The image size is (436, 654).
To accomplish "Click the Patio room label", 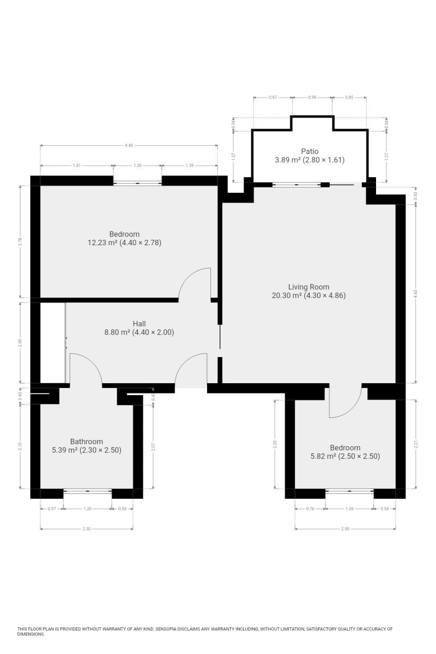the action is pyautogui.click(x=310, y=152).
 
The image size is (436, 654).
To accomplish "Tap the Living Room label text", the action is pyautogui.click(x=308, y=287).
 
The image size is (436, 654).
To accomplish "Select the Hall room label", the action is pyautogui.click(x=139, y=324).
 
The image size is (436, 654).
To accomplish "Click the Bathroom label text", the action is pyautogui.click(x=87, y=441).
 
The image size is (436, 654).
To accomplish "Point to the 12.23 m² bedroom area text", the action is pyautogui.click(x=124, y=243).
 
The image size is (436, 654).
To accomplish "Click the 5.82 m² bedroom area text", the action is pyautogui.click(x=345, y=456).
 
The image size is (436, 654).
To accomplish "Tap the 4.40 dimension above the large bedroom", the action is pyautogui.click(x=129, y=145).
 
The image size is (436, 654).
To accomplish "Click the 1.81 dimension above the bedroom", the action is pyautogui.click(x=76, y=166).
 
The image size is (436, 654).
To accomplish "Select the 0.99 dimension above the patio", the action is pyautogui.click(x=312, y=98).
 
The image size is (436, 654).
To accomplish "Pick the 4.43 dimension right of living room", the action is pyautogui.click(x=415, y=294).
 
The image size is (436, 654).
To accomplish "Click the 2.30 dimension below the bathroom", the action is pyautogui.click(x=87, y=529).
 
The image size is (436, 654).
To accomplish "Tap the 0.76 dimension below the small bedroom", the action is pyautogui.click(x=310, y=508).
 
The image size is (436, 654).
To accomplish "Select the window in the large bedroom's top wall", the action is pyautogui.click(x=137, y=183).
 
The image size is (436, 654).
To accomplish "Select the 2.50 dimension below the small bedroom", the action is pyautogui.click(x=345, y=529).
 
